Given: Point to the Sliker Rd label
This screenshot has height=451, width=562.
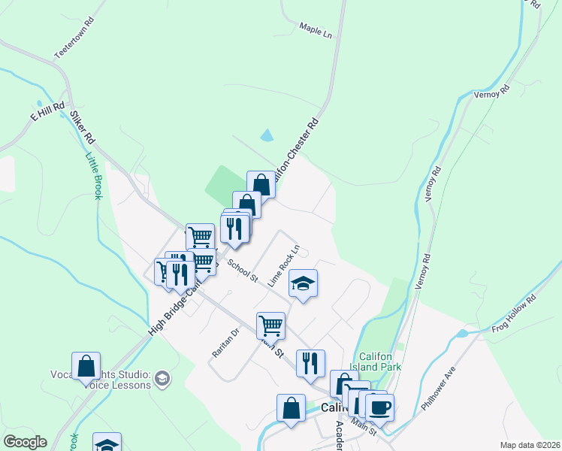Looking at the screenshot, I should pyautogui.click(x=82, y=128).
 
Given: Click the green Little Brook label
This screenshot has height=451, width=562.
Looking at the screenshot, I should pyautogui.click(x=93, y=177).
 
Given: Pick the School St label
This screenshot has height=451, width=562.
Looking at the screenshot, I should pyautogui.click(x=243, y=271).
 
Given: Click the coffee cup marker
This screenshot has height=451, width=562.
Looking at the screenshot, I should pyautogui.click(x=379, y=407).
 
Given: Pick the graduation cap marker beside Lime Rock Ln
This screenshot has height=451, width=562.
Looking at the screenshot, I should pyautogui.click(x=303, y=283).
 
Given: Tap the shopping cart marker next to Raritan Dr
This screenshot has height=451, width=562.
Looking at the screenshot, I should pyautogui.click(x=270, y=325).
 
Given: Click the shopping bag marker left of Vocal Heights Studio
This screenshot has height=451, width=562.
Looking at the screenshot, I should pyautogui.click(x=86, y=365).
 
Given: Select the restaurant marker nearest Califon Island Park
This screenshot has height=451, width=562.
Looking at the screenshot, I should pyautogui.click(x=310, y=363).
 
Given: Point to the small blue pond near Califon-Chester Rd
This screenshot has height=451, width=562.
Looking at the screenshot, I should pyautogui.click(x=267, y=136).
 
